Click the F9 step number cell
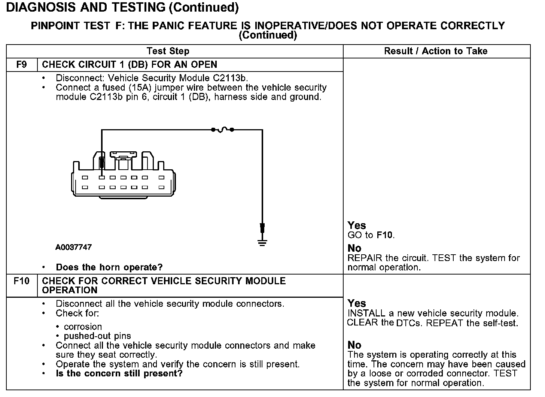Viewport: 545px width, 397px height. pyautogui.click(x=22, y=64)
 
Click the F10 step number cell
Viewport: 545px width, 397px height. pyautogui.click(x=21, y=281)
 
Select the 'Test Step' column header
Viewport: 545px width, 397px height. pyautogui.click(x=168, y=51)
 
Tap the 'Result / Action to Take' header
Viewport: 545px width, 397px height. pyautogui.click(x=436, y=51)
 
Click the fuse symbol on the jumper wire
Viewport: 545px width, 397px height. pyautogui.click(x=222, y=130)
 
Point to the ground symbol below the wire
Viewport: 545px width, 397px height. pyautogui.click(x=262, y=242)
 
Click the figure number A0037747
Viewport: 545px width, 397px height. pyautogui.click(x=74, y=247)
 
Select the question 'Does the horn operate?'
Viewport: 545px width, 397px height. pyautogui.click(x=109, y=267)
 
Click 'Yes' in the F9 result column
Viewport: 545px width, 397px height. pyautogui.click(x=356, y=225)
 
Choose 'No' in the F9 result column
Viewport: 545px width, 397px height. pyautogui.click(x=354, y=248)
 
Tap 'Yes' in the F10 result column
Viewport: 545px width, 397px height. pyautogui.click(x=356, y=303)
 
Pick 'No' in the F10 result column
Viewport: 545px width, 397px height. pyautogui.click(x=354, y=345)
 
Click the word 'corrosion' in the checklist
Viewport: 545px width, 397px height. pyautogui.click(x=83, y=327)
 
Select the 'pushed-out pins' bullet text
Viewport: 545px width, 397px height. pyautogui.click(x=97, y=336)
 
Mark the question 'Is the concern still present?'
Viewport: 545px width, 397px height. pyautogui.click(x=119, y=373)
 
